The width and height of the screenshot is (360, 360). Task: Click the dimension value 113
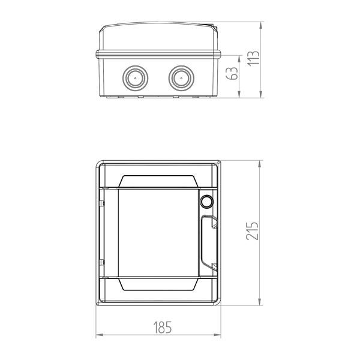point(254,58)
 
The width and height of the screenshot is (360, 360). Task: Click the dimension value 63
point(232,73)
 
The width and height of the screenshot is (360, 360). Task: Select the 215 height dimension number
point(252,231)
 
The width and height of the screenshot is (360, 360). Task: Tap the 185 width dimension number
point(163,327)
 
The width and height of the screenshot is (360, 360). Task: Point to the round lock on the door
point(207,202)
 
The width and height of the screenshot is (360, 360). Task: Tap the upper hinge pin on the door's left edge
point(102,203)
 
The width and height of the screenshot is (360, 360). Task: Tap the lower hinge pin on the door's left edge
point(102,262)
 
